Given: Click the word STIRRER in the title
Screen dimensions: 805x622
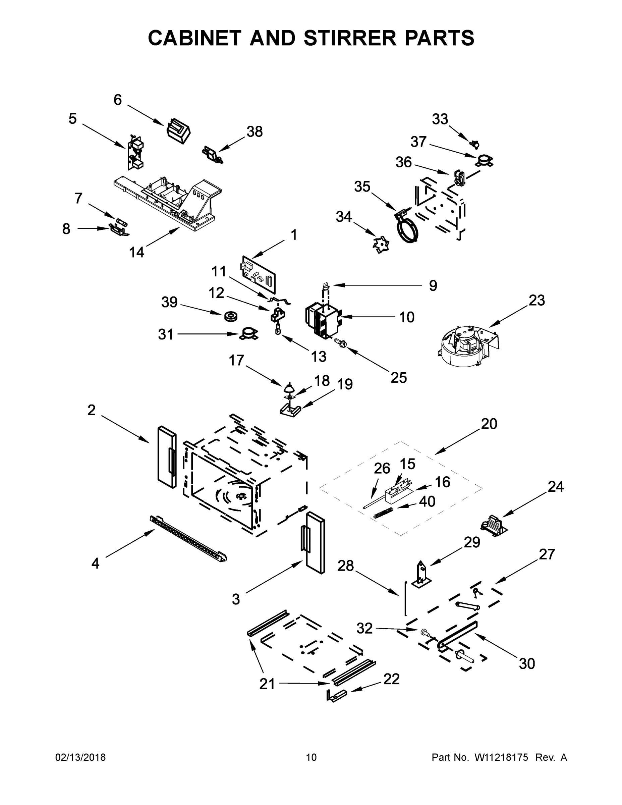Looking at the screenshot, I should tap(349, 38).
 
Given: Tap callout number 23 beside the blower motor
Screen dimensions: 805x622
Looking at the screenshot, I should tap(536, 301).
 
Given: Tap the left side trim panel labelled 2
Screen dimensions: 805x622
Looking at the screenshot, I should tap(167, 457).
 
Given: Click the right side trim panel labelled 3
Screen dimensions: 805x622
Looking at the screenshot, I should tap(315, 542).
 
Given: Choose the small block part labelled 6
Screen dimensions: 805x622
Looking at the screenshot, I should tap(179, 130).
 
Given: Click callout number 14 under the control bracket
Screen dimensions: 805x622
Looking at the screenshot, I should tap(136, 252).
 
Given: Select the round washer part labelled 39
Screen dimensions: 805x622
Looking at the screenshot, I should tap(230, 317).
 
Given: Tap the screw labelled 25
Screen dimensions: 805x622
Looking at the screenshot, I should tap(339, 343).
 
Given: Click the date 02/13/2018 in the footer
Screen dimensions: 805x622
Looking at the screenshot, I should tap(80, 757).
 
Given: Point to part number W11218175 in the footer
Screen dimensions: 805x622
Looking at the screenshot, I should tap(501, 757).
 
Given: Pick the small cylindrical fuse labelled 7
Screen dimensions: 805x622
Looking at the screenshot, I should tap(121, 222).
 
